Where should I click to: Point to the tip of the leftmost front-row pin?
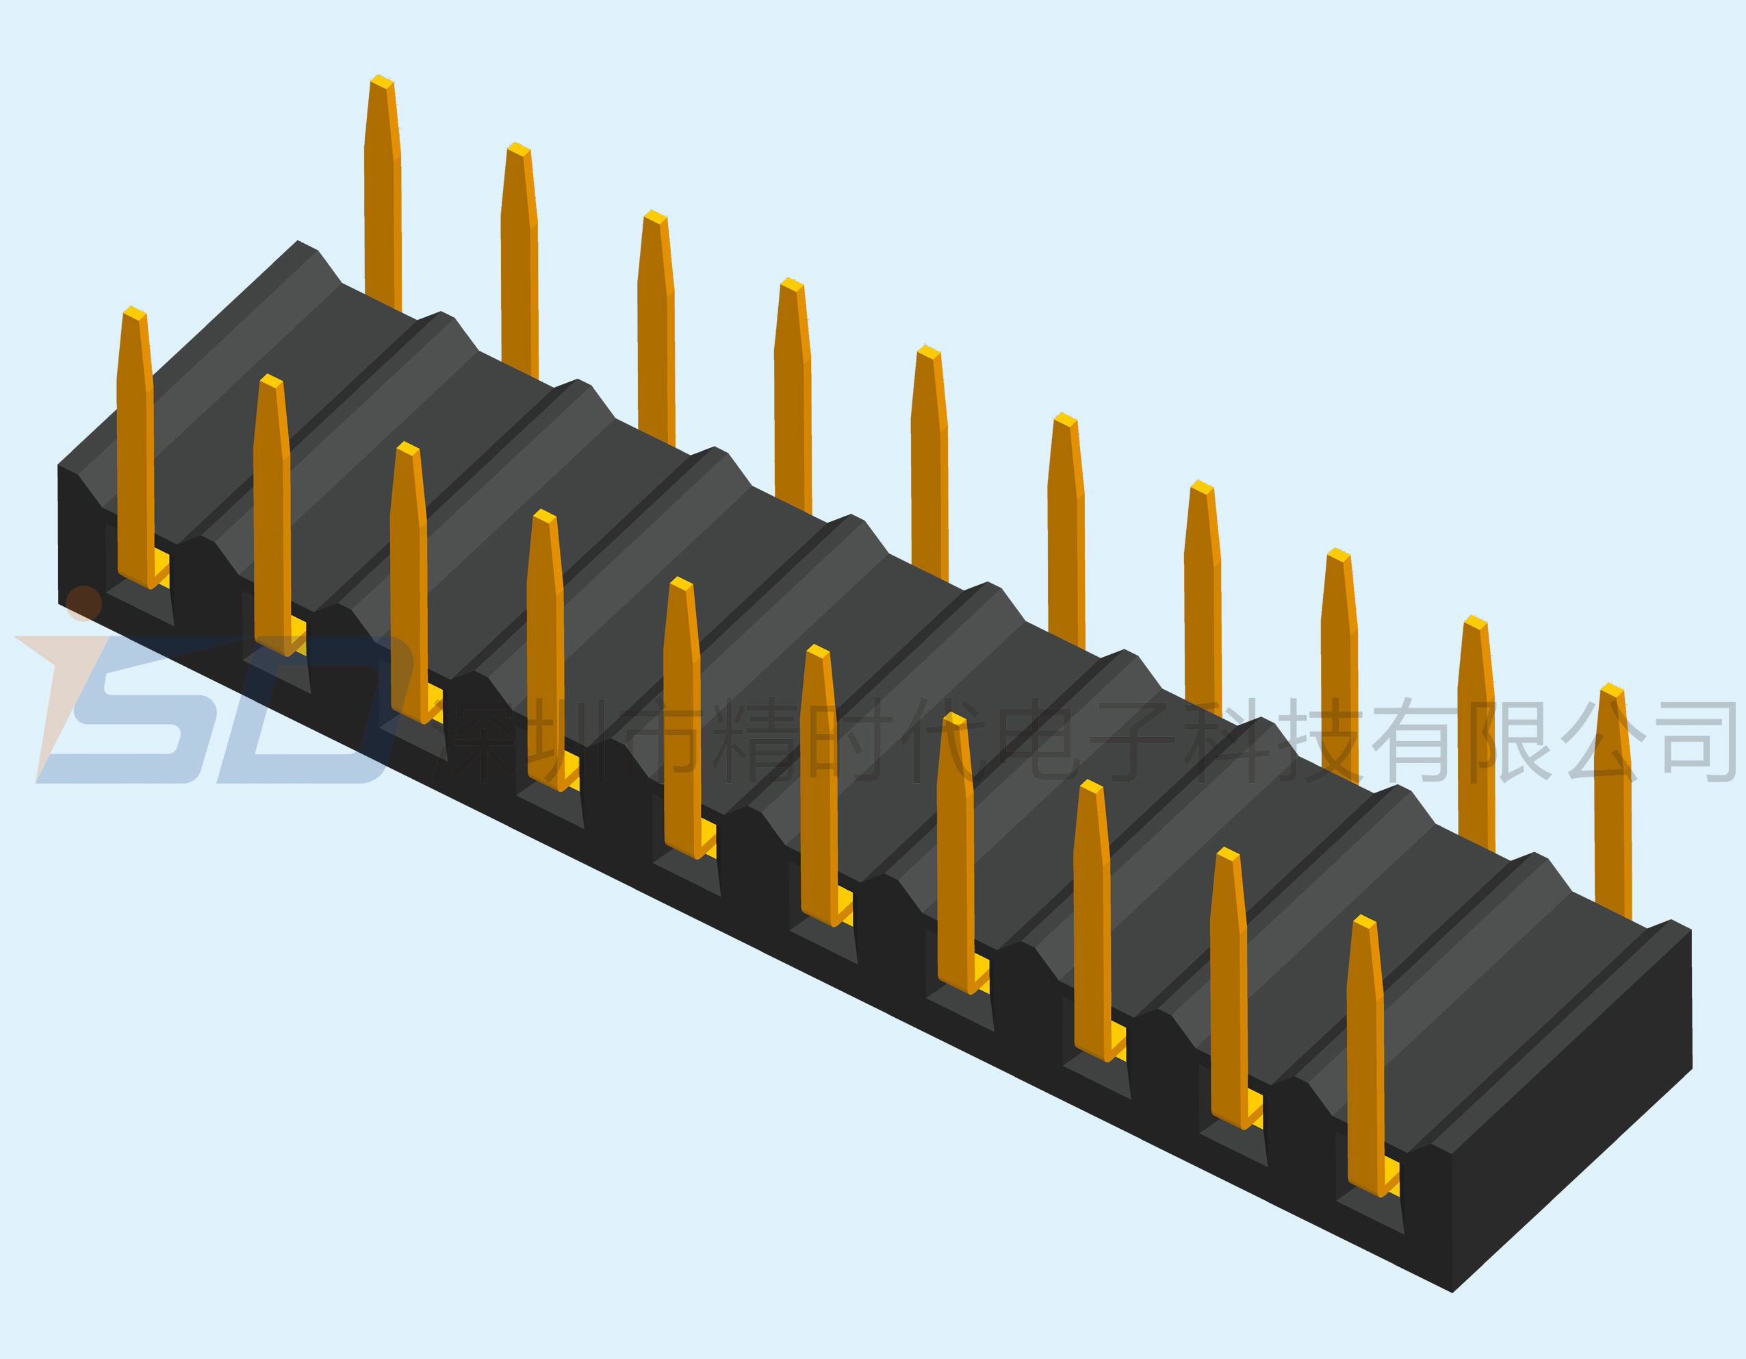point(134,310)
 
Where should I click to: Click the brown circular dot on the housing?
point(83,603)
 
